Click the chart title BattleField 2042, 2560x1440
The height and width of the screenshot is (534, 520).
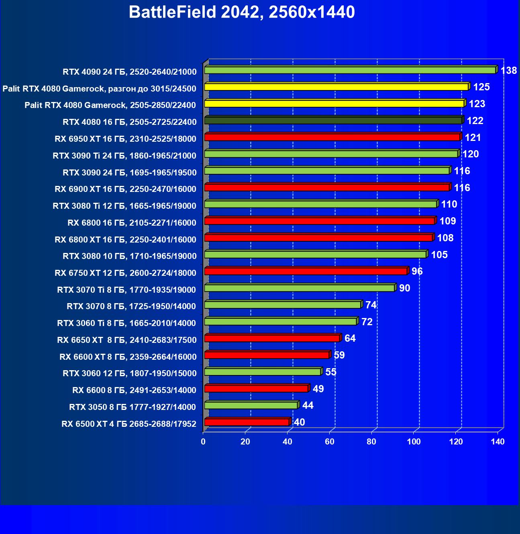pyautogui.click(x=242, y=12)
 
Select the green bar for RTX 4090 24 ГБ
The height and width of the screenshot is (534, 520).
pyautogui.click(x=350, y=70)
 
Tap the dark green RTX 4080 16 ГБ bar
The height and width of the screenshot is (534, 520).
pyautogui.click(x=333, y=120)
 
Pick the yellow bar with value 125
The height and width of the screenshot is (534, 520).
pyautogui.click(x=336, y=87)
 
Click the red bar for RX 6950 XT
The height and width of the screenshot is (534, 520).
pyautogui.click(x=332, y=137)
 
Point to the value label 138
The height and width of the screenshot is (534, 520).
pyautogui.click(x=509, y=71)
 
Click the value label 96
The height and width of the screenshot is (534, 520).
pyautogui.click(x=417, y=271)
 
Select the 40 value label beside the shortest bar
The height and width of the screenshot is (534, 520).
pyautogui.click(x=300, y=422)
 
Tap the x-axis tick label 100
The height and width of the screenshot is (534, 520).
pyautogui.click(x=414, y=442)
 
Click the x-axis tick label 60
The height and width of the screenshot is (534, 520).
pyautogui.click(x=329, y=442)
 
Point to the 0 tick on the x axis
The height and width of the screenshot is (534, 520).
pyautogui.click(x=203, y=442)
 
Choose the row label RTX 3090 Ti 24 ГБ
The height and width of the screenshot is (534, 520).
pyautogui.click(x=124, y=156)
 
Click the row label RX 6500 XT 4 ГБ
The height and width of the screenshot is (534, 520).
pyautogui.click(x=129, y=424)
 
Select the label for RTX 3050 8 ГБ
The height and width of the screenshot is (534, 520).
pyautogui.click(x=133, y=407)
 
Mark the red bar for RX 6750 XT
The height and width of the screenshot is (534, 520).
pyautogui.click(x=306, y=271)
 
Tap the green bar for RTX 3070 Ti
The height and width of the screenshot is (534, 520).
pyautogui.click(x=299, y=288)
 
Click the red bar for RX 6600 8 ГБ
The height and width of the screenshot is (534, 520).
pyautogui.click(x=256, y=389)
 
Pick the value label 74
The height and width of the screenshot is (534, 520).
pyautogui.click(x=371, y=305)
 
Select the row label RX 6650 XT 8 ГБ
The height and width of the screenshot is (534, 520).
pyautogui.click(x=127, y=340)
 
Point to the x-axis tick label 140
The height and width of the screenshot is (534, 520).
pyautogui.click(x=498, y=442)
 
